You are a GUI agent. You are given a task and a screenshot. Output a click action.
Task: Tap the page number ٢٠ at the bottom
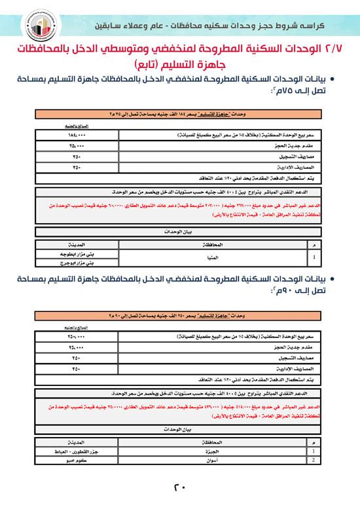pos(179,487)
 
